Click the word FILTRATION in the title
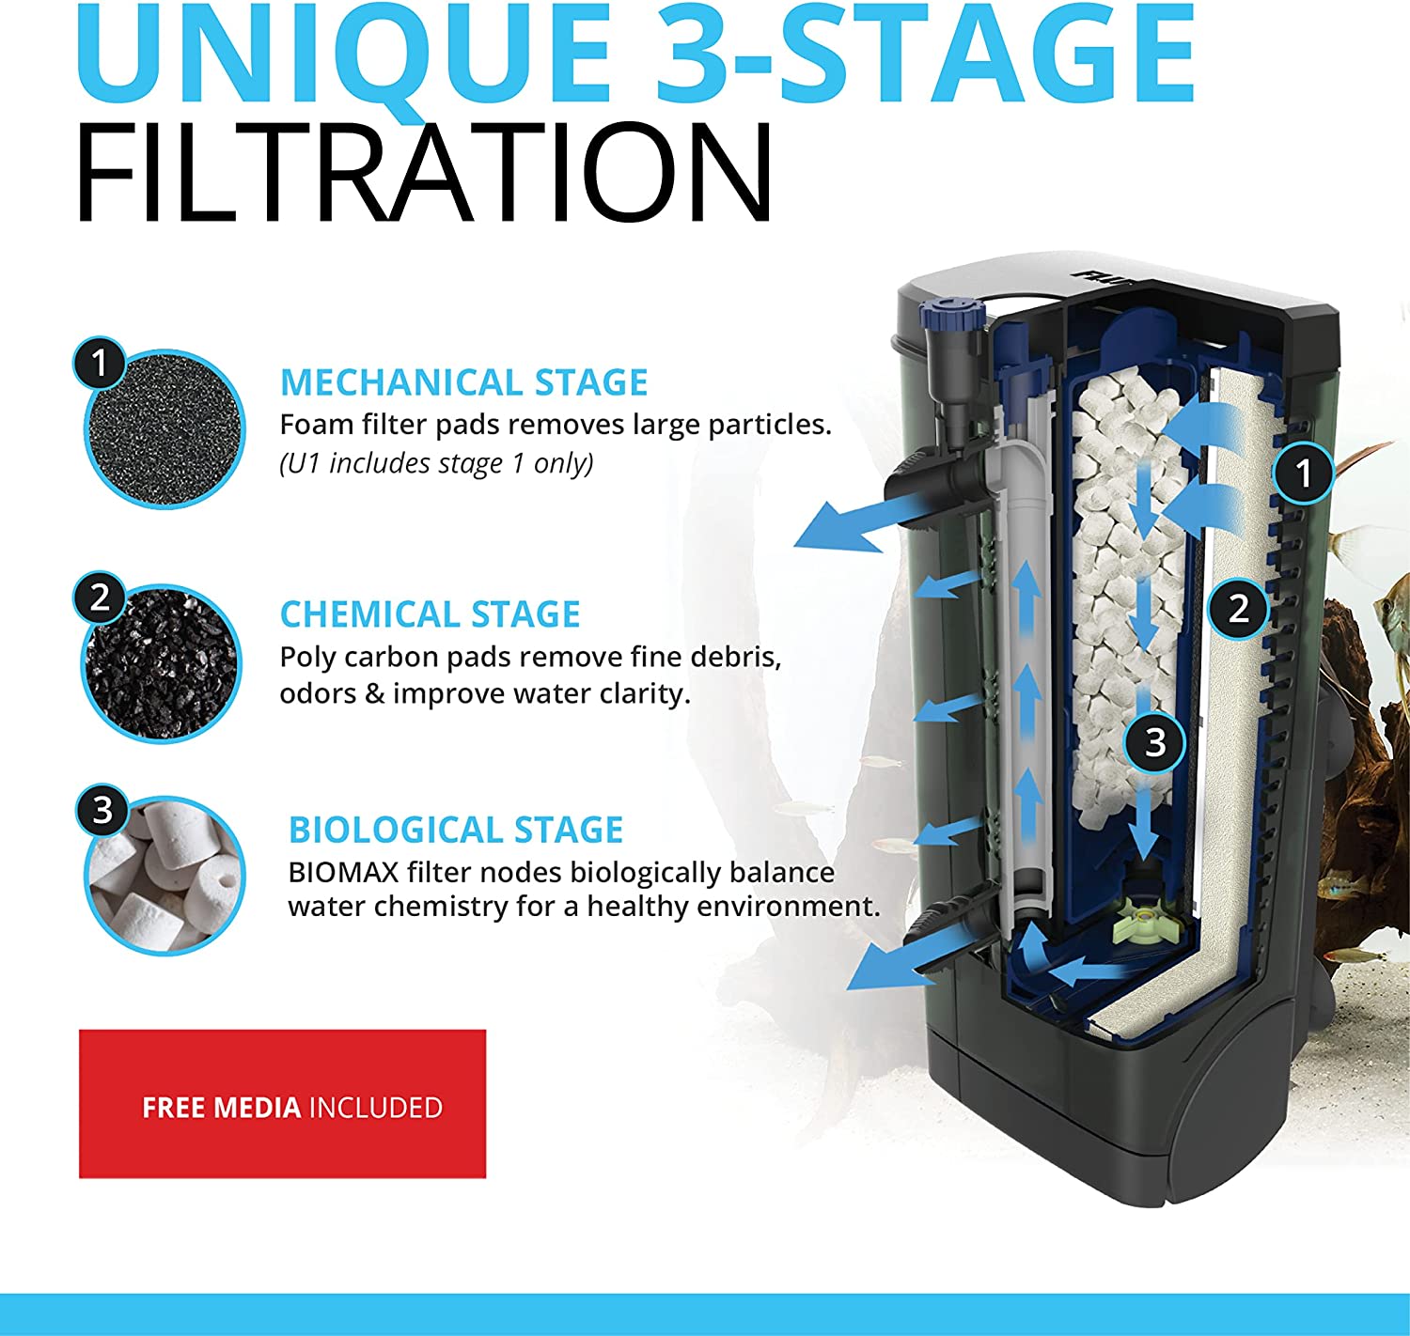423,174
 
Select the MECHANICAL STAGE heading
463,382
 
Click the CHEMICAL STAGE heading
430,614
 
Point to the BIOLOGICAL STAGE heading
456,830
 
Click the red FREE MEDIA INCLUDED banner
282,1104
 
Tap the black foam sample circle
164,430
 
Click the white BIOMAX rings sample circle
165,876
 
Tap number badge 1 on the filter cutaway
1303,473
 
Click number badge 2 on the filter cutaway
1238,608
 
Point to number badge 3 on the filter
1155,742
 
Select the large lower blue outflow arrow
888,968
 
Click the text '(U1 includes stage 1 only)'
436,463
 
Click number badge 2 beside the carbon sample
100,597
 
